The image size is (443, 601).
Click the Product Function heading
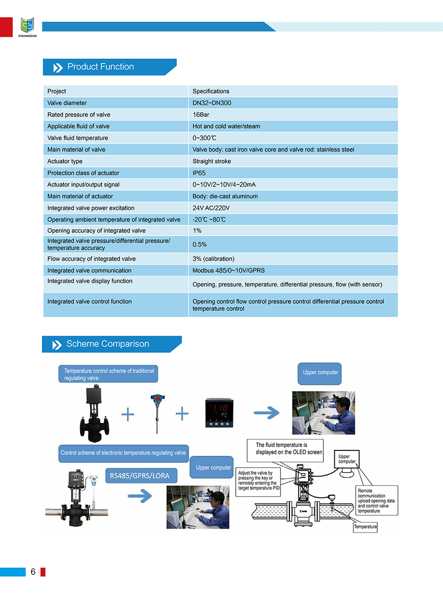[100, 67]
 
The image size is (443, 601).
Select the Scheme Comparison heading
[107, 344]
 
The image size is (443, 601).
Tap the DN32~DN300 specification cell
[212, 103]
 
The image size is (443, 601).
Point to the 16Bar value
[201, 115]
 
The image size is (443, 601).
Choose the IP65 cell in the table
[199, 173]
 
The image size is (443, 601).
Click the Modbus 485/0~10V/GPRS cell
[228, 270]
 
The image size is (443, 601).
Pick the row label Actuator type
[65, 161]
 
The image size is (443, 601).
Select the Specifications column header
[211, 91]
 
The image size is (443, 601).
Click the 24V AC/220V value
[211, 208]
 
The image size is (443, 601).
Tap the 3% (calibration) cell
[213, 258]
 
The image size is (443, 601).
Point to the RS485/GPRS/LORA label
[140, 475]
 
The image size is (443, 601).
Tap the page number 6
[33, 571]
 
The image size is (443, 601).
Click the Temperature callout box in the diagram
[365, 527]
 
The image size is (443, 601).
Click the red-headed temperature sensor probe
[156, 412]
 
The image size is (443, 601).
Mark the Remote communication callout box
[377, 501]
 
